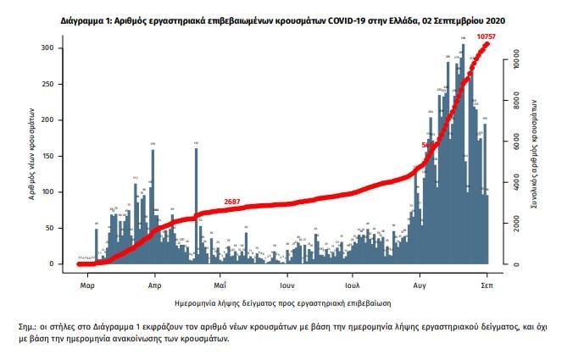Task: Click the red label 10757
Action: point(486,36)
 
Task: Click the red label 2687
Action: point(232,202)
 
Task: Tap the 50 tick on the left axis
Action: point(57,229)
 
